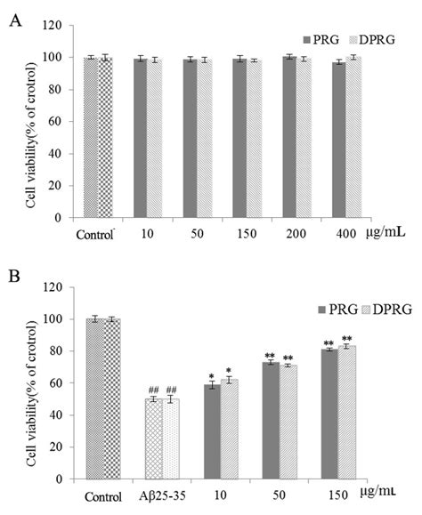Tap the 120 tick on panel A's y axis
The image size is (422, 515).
[57, 25]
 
